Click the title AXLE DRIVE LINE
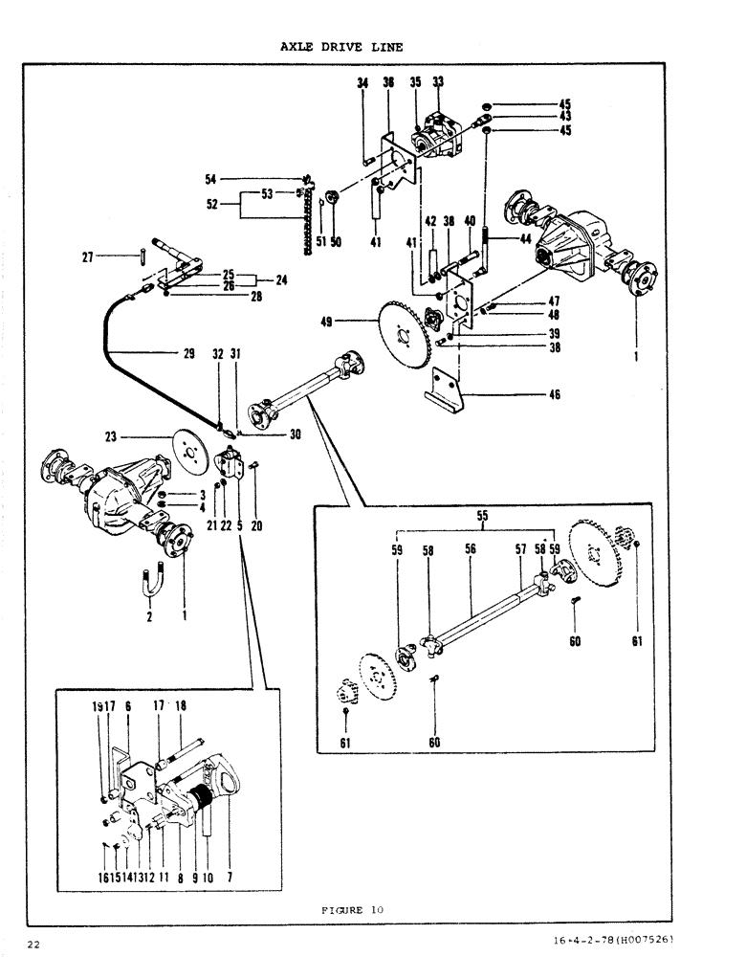pos(341,46)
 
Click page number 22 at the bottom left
pos(33,945)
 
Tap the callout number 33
pos(439,84)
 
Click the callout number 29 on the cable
pos(189,354)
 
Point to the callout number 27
pos(87,256)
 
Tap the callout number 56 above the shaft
pos(470,550)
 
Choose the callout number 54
pos(210,179)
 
